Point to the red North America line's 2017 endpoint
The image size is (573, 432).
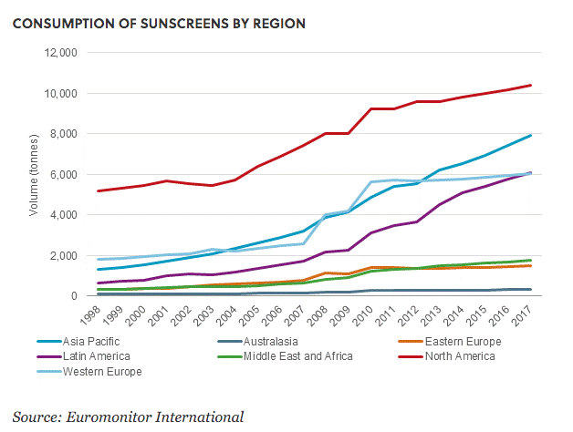(531, 86)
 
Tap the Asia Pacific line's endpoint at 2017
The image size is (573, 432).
(531, 136)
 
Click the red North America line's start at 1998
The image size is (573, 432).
(98, 190)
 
